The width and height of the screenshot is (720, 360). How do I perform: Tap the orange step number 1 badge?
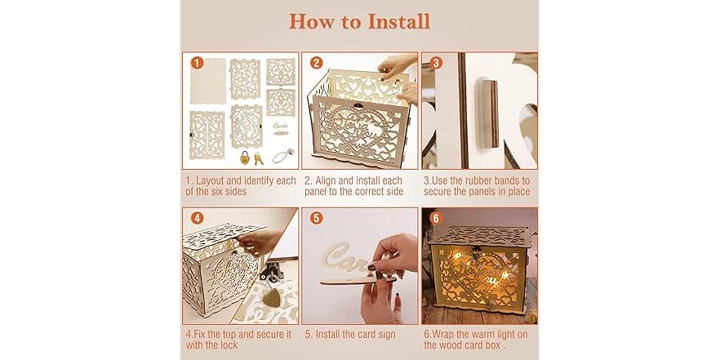tap(195, 62)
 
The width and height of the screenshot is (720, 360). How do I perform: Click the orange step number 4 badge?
tap(195, 217)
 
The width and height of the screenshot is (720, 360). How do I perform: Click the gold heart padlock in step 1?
tap(242, 154)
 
